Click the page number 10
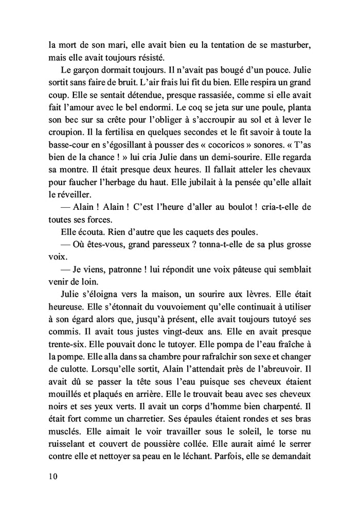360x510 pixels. (50, 476)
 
